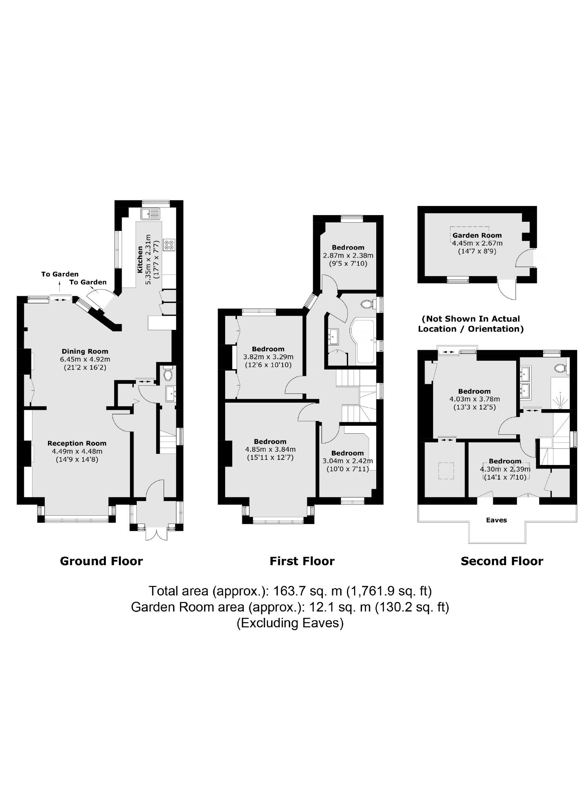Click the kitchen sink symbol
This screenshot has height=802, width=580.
click(x=150, y=214)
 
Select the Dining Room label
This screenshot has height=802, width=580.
click(x=85, y=351)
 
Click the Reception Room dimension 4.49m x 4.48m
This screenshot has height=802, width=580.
click(x=77, y=451)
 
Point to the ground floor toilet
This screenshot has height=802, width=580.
click(x=168, y=374)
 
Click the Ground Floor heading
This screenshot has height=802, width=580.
click(x=101, y=561)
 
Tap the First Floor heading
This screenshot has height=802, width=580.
click(x=302, y=561)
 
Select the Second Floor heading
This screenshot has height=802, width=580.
click(x=502, y=561)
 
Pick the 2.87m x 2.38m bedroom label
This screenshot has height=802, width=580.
click(x=348, y=248)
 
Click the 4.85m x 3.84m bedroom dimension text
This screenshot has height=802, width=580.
click(x=270, y=450)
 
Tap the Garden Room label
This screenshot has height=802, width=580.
click(x=477, y=235)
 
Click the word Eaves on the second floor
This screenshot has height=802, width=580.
click(x=496, y=520)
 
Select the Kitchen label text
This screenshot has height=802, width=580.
click(x=140, y=259)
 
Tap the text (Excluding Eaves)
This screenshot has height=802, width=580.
click(x=290, y=623)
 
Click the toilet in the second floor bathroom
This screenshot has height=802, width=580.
click(x=560, y=368)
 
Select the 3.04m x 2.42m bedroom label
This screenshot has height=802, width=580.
click(x=348, y=453)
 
